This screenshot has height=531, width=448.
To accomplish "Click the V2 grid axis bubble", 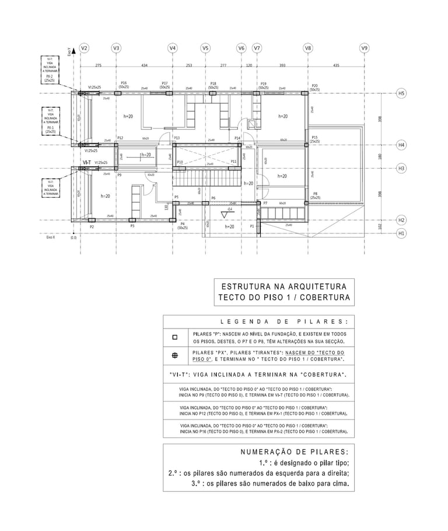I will coord(84,48).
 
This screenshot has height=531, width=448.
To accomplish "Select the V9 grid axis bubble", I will coord(365,48).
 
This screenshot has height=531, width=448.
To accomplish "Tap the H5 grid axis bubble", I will coord(401,93).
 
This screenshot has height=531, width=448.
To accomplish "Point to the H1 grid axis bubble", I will coord(401,233).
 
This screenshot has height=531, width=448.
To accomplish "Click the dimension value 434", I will coord(144,65).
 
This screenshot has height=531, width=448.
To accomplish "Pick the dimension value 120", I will coord(249,65).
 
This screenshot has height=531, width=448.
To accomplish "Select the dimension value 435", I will coord(336,65).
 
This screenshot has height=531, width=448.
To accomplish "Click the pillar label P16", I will coord(124,83).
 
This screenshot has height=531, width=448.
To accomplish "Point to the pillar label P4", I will coord(183,223).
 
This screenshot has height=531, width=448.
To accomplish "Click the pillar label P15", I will coord(314,138).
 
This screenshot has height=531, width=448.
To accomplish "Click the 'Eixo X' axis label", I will coord(51,237).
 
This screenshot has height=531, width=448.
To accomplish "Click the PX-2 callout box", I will coord(50,70).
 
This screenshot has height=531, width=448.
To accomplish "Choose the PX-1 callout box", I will coord(50,121).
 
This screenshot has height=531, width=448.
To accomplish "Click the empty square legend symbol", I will coord(174,337).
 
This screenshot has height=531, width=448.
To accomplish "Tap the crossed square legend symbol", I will coord(174,356).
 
